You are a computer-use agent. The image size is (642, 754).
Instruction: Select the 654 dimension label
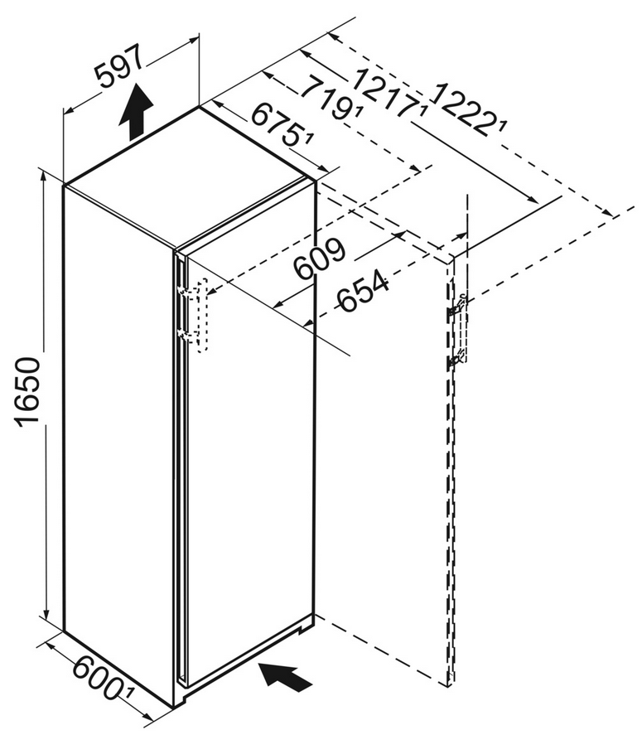pyautogui.click(x=363, y=291)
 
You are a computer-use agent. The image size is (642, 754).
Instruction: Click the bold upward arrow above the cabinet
pyautogui.click(x=137, y=111)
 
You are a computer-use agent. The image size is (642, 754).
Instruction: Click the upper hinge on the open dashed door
pyautogui.click(x=456, y=307)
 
